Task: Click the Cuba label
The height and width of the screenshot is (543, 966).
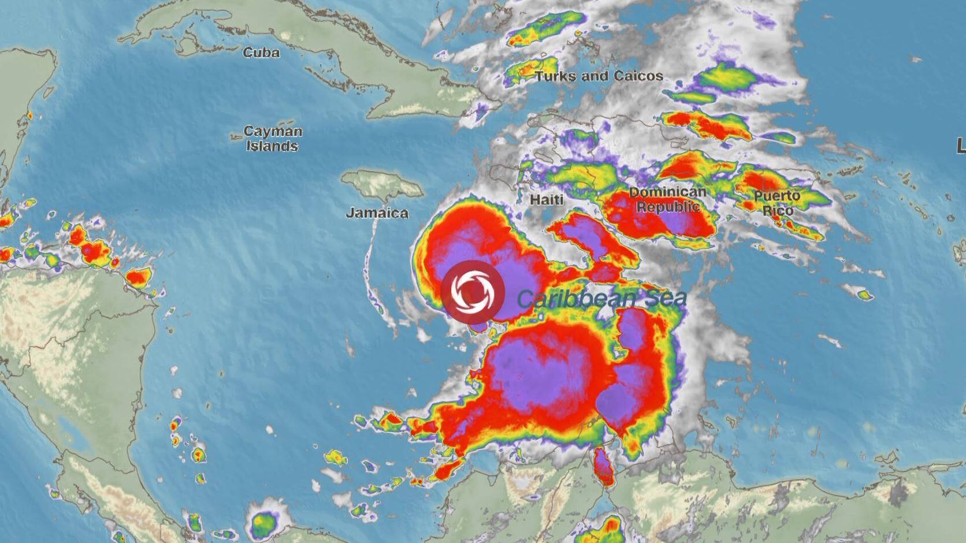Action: [261, 53]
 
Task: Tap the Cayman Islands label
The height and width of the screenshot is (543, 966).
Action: [272, 139]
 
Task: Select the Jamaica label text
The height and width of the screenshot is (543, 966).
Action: [377, 213]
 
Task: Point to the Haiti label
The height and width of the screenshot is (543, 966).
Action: [546, 200]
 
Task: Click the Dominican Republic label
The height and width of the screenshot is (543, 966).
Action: [667, 199]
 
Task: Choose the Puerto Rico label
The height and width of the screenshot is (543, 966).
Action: [777, 203]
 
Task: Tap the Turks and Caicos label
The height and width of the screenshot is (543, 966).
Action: [599, 76]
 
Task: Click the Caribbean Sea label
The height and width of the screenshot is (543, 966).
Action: [601, 298]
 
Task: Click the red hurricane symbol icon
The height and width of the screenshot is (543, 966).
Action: [473, 291]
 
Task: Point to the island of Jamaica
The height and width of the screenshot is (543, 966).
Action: [381, 184]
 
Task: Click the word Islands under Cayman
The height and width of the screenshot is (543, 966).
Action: [272, 146]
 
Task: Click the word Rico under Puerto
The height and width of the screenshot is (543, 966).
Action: [777, 210]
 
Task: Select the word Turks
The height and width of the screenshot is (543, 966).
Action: [552, 76]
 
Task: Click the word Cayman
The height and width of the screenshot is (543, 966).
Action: [273, 131]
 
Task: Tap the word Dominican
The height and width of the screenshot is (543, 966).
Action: [667, 192]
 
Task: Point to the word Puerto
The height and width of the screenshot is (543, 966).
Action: [777, 196]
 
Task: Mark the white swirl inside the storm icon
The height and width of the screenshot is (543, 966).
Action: [473, 291]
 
